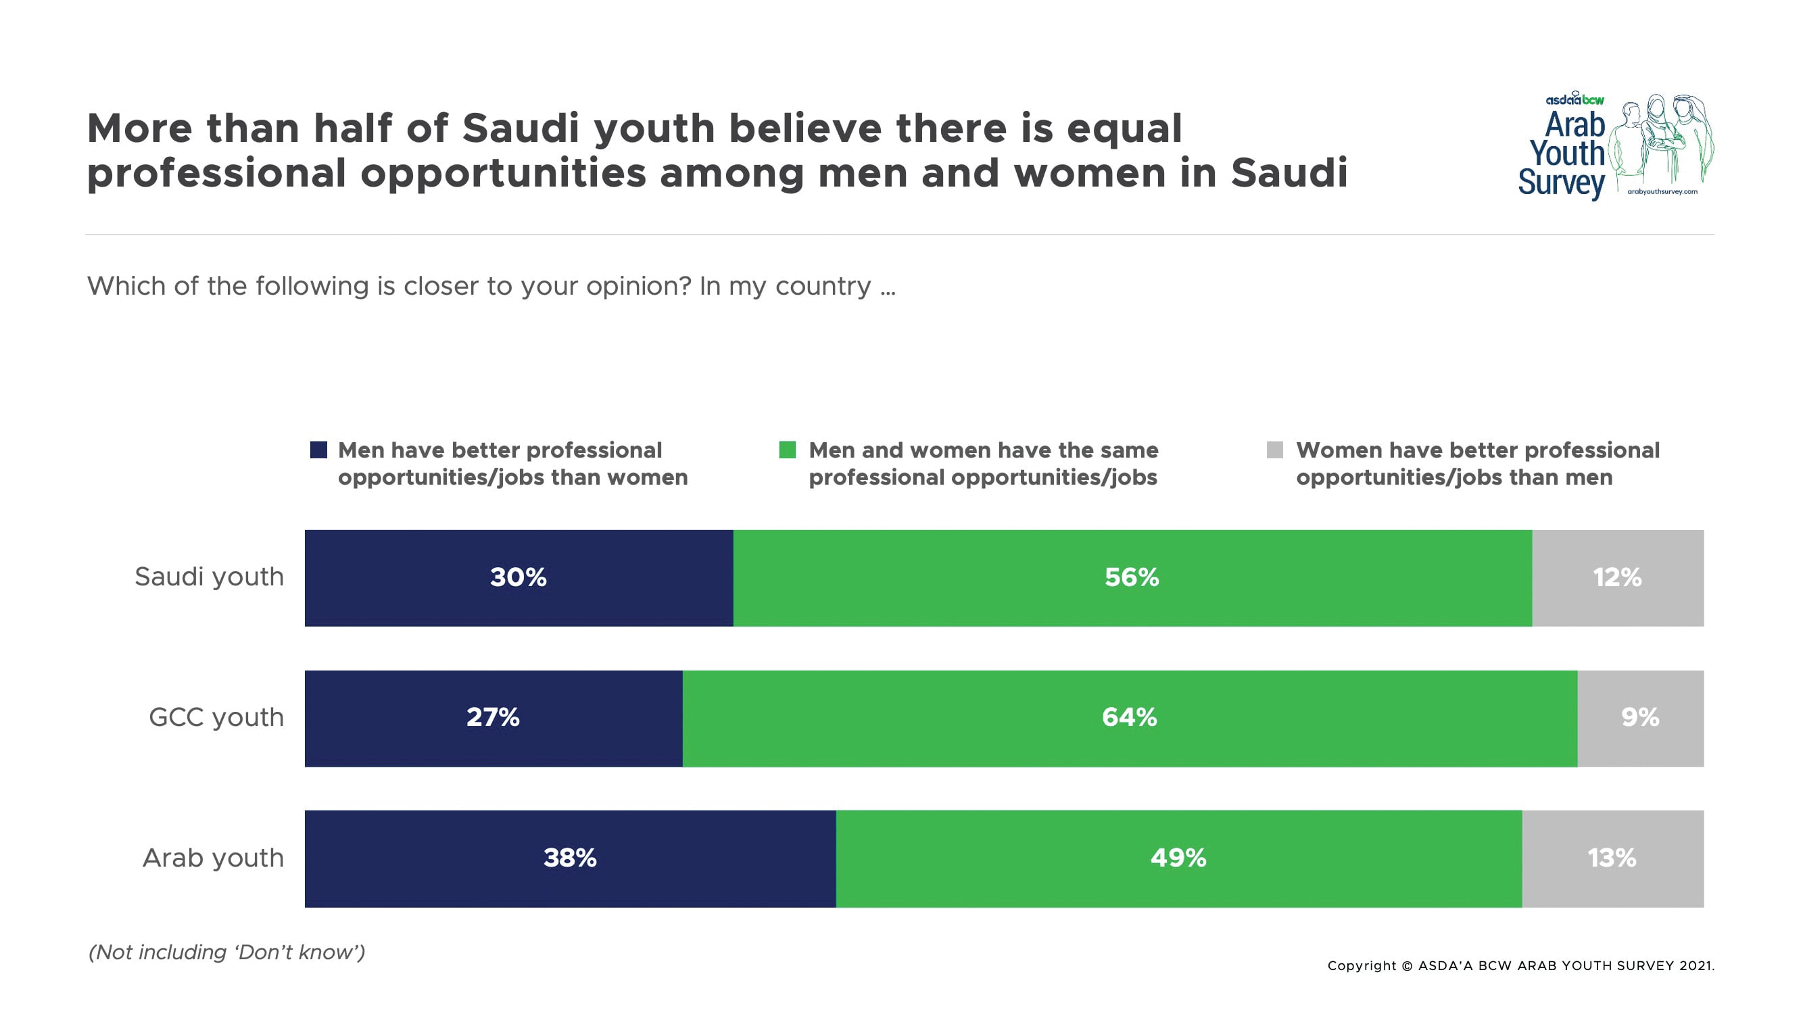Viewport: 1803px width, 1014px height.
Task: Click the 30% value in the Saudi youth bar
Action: pos(518,577)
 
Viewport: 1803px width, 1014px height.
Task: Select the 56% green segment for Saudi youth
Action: pos(1132,577)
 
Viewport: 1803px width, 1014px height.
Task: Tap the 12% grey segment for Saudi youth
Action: pos(1617,577)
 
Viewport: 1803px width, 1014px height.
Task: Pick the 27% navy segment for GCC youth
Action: pos(493,717)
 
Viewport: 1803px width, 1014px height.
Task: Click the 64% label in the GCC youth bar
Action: pos(1129,717)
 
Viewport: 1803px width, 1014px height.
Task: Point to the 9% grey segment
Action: pos(1640,717)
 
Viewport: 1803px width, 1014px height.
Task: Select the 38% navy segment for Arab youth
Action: pos(570,858)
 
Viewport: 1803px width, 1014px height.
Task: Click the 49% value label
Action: pos(1178,858)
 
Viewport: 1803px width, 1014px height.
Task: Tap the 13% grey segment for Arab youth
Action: pos(1611,858)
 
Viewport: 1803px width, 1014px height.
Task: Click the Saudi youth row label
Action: pos(210,577)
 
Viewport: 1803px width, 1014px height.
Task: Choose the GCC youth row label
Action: pos(216,717)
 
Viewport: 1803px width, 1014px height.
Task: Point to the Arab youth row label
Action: pos(214,858)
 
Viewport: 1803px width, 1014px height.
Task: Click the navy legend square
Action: pos(318,450)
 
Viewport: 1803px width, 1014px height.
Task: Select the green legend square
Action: pos(788,450)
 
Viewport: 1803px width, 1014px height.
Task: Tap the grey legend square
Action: pos(1274,450)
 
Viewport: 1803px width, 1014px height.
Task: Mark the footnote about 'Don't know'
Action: pos(226,952)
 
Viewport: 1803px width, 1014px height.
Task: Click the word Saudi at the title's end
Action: pos(1289,173)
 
